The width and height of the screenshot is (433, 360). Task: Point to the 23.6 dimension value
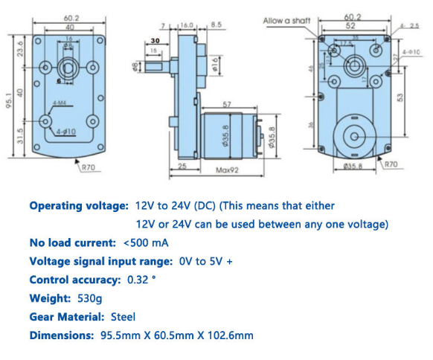pos(20,50)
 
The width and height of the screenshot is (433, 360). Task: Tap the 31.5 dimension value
pos(20,135)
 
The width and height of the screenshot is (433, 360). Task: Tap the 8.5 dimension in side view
pos(216,25)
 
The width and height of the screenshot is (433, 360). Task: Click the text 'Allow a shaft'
pos(286,22)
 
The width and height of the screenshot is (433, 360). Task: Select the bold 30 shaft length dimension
pos(155,42)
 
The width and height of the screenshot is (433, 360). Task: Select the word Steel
pos(124,317)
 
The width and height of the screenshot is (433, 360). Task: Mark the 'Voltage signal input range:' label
pos(100,261)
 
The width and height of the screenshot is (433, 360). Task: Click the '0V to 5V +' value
pos(205,261)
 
